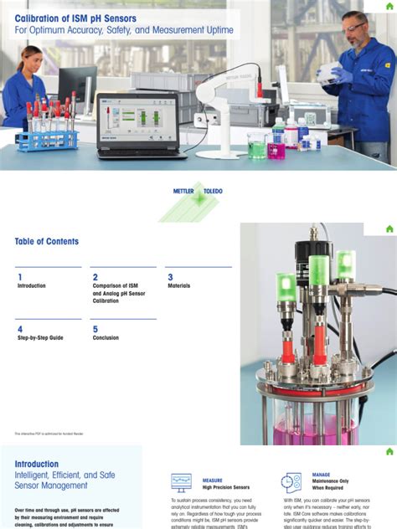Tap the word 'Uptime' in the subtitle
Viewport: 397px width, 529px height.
click(x=213, y=31)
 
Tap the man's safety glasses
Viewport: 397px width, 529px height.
click(x=354, y=28)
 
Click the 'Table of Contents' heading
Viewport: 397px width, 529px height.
click(x=47, y=242)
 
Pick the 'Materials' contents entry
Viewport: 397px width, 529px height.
click(x=178, y=286)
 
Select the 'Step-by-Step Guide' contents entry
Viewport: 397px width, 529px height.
click(x=40, y=338)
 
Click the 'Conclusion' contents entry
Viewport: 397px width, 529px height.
click(x=106, y=338)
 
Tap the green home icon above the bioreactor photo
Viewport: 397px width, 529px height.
click(x=389, y=229)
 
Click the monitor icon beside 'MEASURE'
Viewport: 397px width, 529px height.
click(x=181, y=482)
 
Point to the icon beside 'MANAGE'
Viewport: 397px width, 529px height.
click(x=291, y=482)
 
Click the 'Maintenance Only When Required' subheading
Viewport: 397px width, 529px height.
click(x=331, y=485)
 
